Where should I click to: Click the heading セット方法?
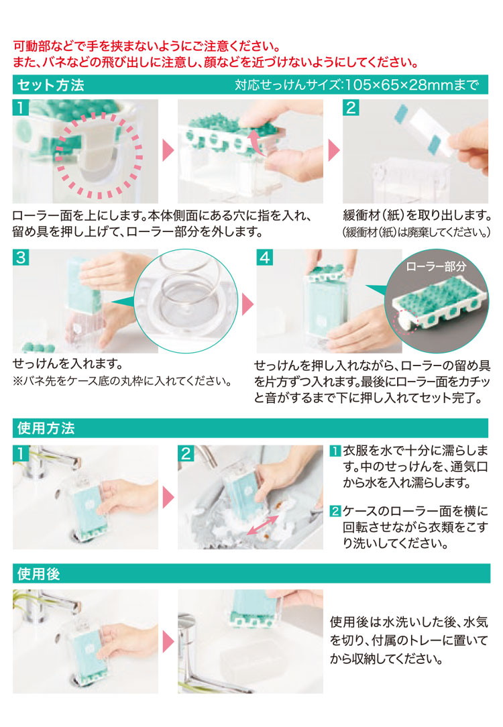(x=51, y=85)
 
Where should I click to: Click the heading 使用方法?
(x=46, y=428)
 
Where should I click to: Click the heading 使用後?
(x=38, y=574)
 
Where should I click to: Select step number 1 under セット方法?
(x=21, y=107)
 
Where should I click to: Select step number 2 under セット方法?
(x=351, y=107)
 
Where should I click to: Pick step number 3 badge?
(x=21, y=258)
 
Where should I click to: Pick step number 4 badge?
(x=265, y=258)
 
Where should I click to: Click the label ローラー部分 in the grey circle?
(x=436, y=266)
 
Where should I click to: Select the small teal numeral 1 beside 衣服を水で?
(x=335, y=451)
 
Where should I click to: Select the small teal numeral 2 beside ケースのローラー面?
(x=335, y=512)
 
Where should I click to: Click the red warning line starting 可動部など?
(x=146, y=46)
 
